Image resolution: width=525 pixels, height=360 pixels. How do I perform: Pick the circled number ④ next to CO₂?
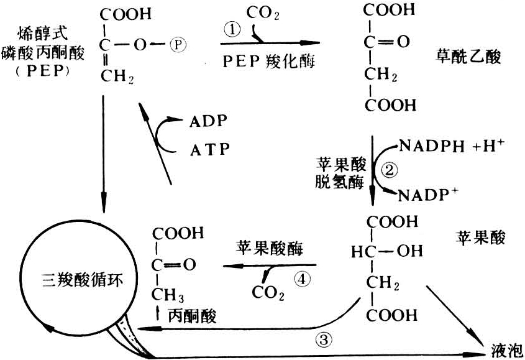(302, 280)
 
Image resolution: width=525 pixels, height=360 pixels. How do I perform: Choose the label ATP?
(209, 149)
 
